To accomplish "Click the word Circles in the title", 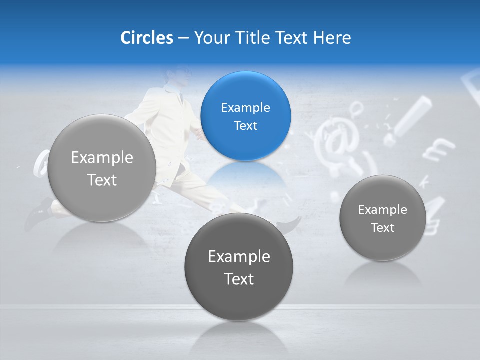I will pos(146,38).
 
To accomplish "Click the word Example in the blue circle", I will pos(246,108).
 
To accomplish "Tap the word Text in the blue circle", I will pos(246,126).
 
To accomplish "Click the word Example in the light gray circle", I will pos(102,158).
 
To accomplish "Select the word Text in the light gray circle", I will pos(102,180).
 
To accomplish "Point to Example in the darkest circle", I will pos(239,257).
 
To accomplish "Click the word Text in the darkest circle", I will pos(239,279).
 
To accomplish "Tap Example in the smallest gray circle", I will pos(383,210).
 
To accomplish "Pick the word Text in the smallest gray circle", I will pos(383,228).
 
